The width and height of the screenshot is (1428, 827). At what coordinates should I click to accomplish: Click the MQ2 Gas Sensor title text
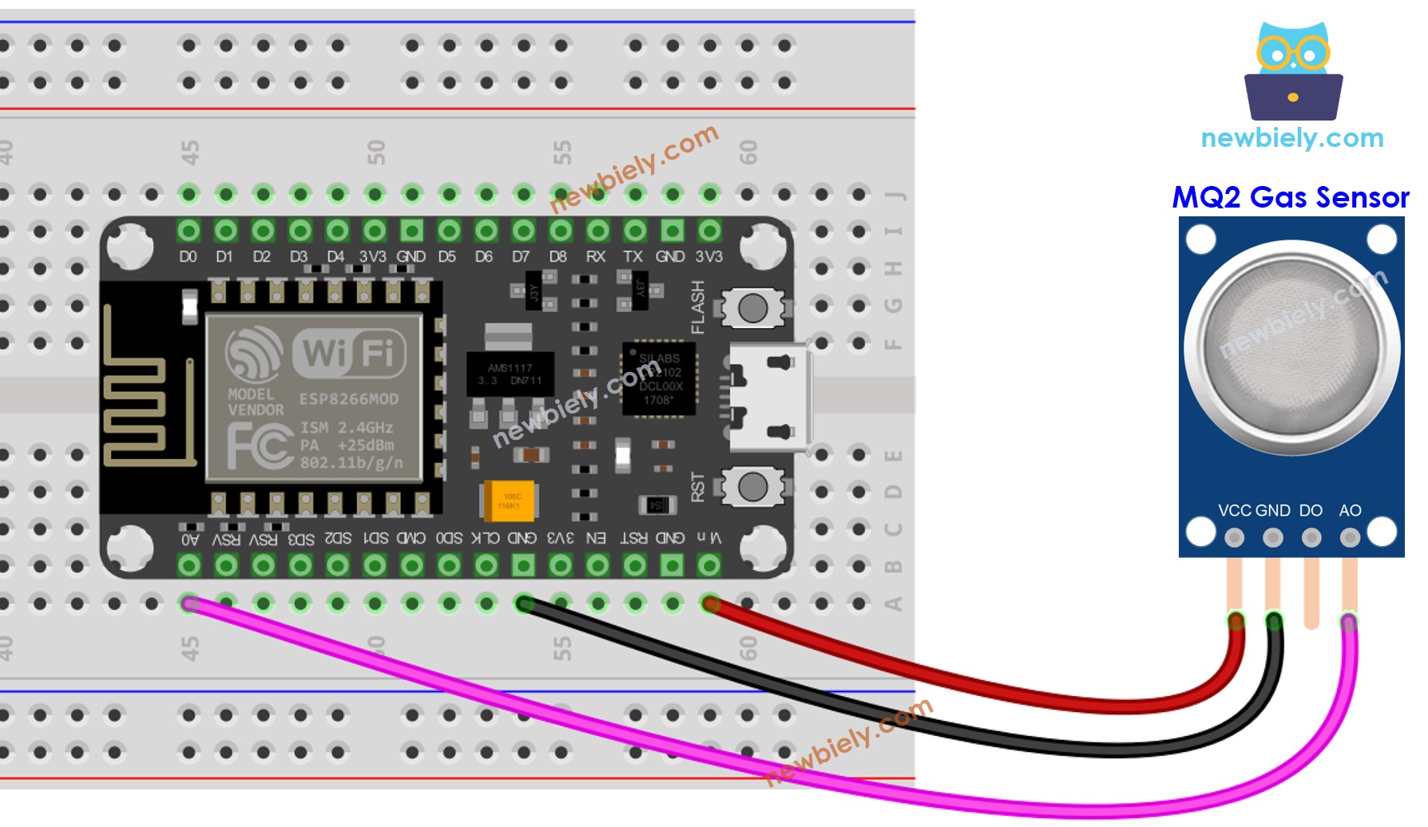pos(1290,197)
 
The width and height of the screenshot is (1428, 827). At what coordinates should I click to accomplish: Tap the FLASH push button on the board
pos(752,307)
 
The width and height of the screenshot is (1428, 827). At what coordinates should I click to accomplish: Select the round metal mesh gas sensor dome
pos(1291,348)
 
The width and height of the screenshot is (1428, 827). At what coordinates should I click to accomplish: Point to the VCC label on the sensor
pos(1234,510)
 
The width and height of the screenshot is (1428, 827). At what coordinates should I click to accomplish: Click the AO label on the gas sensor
pos(1350,510)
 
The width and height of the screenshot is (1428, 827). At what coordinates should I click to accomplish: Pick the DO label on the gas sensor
pos(1311,510)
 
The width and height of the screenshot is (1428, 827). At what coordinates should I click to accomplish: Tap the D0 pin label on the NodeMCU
pos(188,256)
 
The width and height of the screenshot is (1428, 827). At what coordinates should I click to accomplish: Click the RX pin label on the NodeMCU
pos(596,256)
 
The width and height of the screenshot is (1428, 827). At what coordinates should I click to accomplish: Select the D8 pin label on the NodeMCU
pos(558,256)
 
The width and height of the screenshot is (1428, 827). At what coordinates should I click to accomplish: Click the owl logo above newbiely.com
pos(1293,72)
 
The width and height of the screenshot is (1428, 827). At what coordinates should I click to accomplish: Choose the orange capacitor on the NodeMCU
pos(509,501)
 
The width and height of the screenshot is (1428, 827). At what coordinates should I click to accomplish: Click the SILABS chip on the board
pos(660,379)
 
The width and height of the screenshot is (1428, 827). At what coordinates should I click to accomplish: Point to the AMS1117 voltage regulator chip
pos(510,374)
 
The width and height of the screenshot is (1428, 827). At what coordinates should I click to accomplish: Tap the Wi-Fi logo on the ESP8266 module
pos(349,352)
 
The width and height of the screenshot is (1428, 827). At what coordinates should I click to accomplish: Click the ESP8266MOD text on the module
pos(348,399)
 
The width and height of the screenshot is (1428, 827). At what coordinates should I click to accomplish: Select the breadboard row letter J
pos(894,194)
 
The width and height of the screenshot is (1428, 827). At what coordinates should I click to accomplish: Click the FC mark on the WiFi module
pos(260,445)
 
